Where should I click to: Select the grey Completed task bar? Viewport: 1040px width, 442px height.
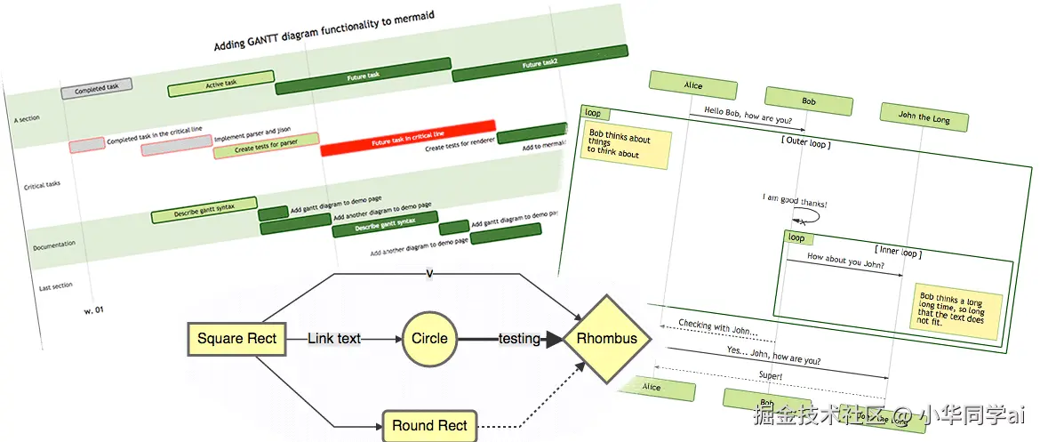tap(97, 88)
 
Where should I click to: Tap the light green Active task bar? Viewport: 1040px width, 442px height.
tap(220, 84)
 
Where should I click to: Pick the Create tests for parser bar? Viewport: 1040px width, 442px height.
tap(266, 146)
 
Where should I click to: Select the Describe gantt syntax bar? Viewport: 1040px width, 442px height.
tap(204, 210)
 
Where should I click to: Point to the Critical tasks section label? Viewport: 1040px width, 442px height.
tap(43, 185)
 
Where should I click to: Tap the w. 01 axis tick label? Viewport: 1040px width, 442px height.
tap(93, 310)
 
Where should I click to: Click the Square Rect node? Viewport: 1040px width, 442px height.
tap(237, 338)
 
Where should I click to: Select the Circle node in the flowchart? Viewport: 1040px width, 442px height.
tap(429, 338)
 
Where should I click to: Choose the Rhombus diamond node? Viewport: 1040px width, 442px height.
tap(607, 338)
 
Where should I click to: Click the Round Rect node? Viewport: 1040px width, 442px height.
tap(429, 426)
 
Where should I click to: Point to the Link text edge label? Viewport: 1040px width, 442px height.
tap(334, 338)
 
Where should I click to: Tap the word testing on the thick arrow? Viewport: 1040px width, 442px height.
tap(520, 338)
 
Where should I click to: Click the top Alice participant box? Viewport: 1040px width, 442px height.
tap(692, 86)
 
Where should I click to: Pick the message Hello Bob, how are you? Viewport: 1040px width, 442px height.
tap(748, 116)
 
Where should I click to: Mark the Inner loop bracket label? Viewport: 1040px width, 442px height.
tap(896, 252)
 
